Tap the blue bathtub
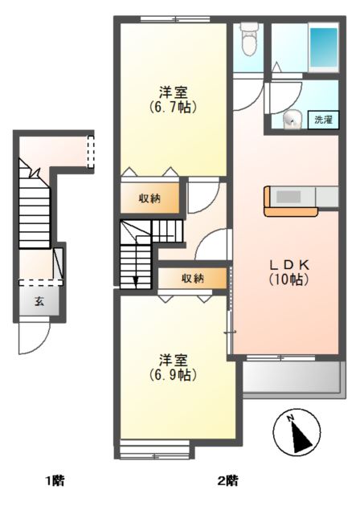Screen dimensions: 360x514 (323, 47)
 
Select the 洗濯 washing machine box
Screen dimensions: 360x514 (323, 120)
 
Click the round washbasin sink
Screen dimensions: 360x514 (292, 120)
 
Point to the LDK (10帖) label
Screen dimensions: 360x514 (289, 272)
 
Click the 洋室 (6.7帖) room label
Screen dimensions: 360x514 (174, 100)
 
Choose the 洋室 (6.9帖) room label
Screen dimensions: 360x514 (174, 367)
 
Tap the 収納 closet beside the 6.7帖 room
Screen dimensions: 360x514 (150, 198)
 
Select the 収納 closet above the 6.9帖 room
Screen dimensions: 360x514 (193, 279)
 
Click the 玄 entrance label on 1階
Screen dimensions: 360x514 (39, 302)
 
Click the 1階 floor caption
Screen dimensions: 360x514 (55, 481)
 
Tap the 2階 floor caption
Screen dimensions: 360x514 (228, 481)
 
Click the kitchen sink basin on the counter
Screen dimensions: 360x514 (288, 197)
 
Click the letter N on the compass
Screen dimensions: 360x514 (290, 418)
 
